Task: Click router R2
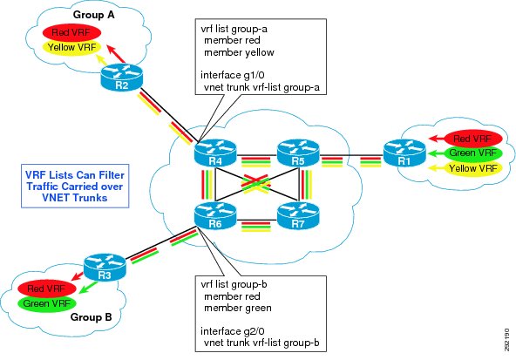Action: [121, 78]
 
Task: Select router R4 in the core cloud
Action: [215, 153]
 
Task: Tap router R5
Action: [298, 153]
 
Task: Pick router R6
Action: [215, 216]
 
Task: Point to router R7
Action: [298, 216]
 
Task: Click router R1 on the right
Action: [404, 153]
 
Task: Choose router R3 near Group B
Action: [105, 268]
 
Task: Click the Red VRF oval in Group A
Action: [71, 32]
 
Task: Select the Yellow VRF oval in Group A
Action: [71, 47]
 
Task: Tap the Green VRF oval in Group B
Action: [47, 303]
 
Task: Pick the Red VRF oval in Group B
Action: [47, 289]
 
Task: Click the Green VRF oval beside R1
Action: [473, 153]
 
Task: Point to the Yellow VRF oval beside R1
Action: [473, 168]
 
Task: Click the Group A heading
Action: [94, 15]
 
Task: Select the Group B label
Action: [92, 317]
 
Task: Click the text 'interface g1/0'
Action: [233, 75]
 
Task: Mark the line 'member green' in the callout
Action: [238, 308]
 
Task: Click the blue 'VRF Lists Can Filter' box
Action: [75, 186]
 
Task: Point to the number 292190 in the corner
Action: [506, 339]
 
